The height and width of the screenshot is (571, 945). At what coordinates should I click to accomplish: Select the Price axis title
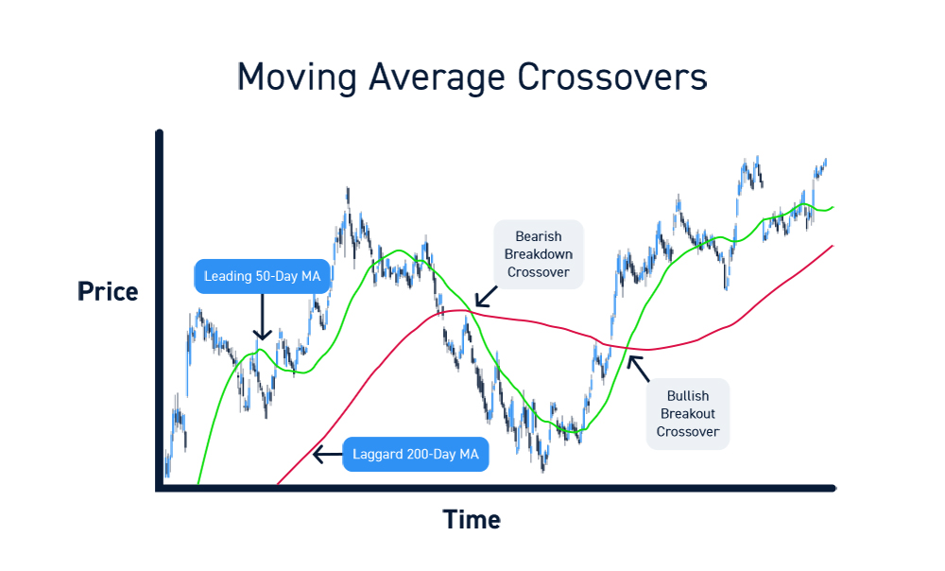coord(108,292)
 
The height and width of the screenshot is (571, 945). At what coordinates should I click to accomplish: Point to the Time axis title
coord(472,519)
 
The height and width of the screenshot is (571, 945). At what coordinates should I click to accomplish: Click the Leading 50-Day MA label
coord(261,277)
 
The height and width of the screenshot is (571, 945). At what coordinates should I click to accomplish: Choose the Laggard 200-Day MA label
coord(416,455)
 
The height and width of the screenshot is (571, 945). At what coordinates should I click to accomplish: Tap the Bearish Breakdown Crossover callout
coord(538,254)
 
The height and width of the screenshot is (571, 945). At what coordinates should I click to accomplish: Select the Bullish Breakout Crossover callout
coord(688,413)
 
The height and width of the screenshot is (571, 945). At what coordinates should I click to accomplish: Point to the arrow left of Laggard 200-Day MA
coord(327,455)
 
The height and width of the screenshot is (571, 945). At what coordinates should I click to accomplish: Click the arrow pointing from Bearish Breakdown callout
coord(484,297)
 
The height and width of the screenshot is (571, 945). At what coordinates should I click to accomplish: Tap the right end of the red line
coord(832,246)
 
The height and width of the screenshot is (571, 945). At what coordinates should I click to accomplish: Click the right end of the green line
coord(833,207)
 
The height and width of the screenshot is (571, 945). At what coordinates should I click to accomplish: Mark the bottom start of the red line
coord(278,483)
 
